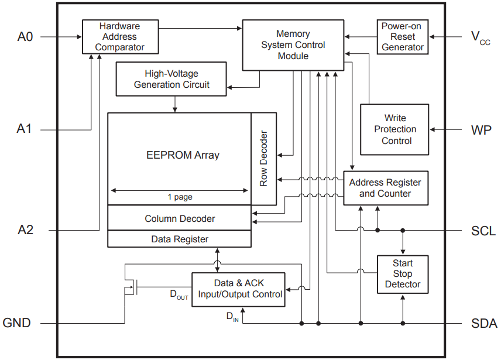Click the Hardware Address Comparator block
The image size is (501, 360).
coord(119,36)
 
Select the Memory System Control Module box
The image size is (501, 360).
coord(293,45)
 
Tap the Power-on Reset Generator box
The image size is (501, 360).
coord(402,36)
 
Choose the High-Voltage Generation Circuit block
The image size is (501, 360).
coord(171,80)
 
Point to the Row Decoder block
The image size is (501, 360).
coord(263,159)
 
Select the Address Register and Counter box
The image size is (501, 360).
coord(385,188)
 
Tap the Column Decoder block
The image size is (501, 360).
coord(179,218)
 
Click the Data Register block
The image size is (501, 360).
coord(179,239)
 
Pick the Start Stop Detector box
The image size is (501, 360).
coord(402,274)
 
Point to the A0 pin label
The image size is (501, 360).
coord(25,37)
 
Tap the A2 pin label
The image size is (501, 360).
coord(25,230)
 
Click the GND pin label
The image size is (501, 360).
coord(17,323)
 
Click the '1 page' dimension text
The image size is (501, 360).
coord(180,197)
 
